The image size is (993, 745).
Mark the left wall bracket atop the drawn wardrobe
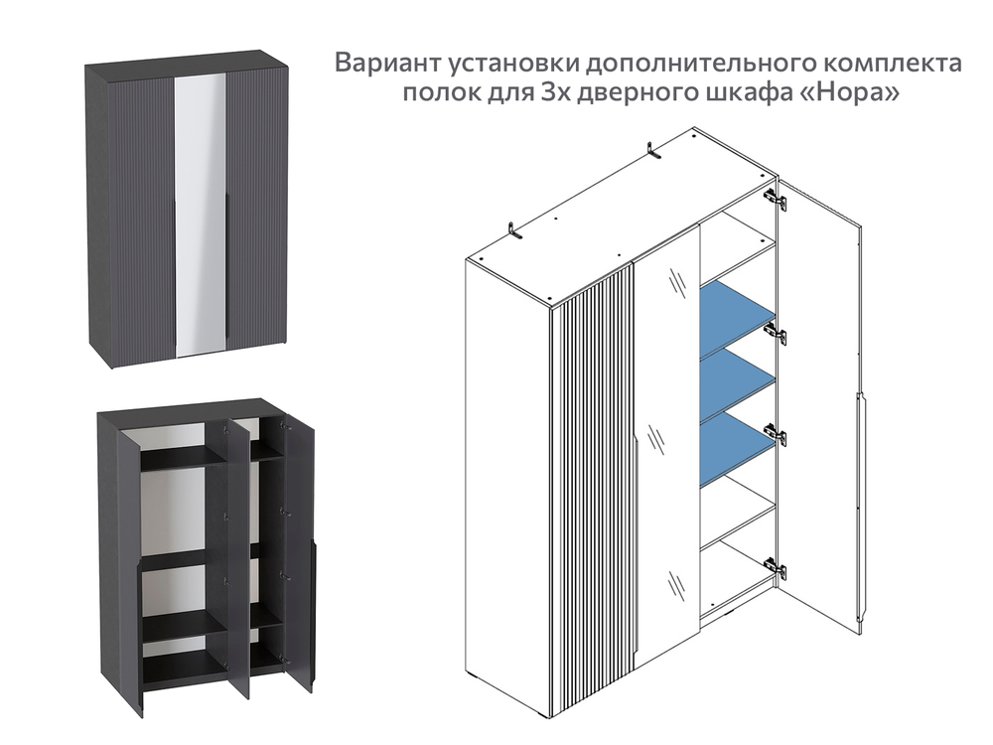514,231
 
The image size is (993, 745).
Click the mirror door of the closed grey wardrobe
200,214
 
